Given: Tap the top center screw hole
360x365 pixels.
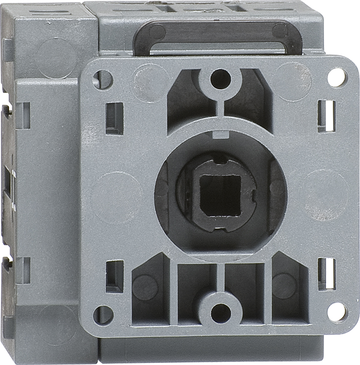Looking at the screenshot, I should tap(220, 79).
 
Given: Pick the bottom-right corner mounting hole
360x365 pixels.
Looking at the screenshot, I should tap(336, 311).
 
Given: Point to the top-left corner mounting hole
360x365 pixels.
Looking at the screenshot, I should tap(103, 79).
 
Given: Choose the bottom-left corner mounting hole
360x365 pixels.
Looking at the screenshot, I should tap(104, 315).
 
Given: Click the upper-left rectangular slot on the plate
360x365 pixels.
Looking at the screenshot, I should tap(115, 118).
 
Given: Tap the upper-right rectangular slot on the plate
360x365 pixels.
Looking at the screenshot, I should tap(326, 115).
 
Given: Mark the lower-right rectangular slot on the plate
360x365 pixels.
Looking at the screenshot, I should tap(326, 274).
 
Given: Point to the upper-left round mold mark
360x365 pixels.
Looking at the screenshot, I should tap(147, 81).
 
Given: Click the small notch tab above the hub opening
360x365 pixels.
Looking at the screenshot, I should tap(219, 134).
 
